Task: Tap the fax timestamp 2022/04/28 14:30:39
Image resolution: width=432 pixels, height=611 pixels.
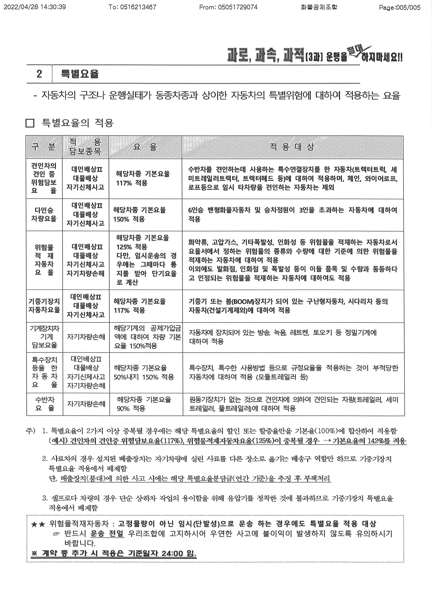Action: click(35, 7)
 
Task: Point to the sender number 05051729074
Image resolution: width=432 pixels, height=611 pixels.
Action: click(238, 7)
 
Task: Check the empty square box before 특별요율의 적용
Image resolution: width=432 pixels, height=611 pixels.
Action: click(30, 123)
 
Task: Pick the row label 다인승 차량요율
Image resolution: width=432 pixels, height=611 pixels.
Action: click(44, 214)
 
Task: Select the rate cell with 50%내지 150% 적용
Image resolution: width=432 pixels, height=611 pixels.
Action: click(144, 377)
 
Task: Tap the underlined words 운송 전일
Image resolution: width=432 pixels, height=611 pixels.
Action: click(107, 534)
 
